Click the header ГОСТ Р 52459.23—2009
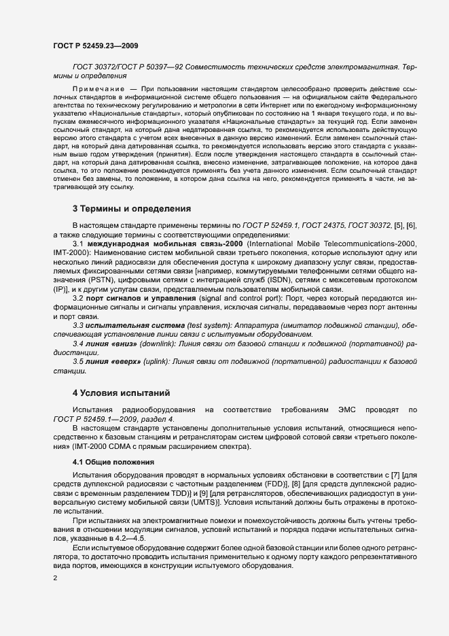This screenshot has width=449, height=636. [x=96, y=46]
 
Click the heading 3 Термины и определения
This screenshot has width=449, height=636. [x=131, y=207]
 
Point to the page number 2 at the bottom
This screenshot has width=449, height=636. [x=55, y=578]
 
